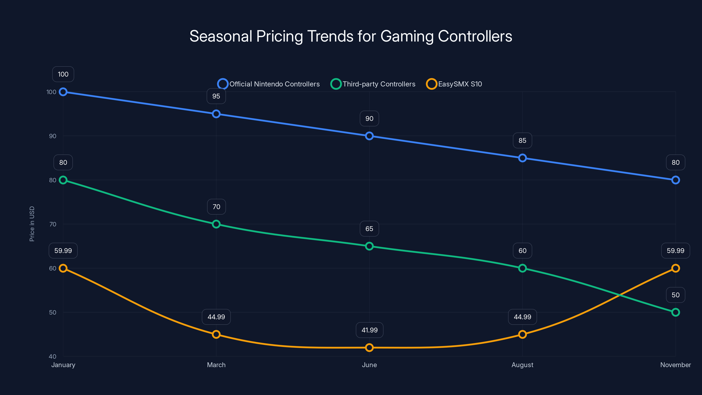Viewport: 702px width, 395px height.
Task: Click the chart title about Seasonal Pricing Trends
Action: (x=351, y=36)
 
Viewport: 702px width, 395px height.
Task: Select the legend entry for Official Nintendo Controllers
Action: (x=269, y=84)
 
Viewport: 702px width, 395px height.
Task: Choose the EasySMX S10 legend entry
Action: (x=454, y=84)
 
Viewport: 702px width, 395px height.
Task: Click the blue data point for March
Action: (x=216, y=114)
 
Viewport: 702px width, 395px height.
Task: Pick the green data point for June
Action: (x=369, y=246)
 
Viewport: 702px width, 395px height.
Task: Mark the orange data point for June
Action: (x=369, y=348)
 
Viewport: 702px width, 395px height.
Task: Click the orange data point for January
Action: (x=63, y=268)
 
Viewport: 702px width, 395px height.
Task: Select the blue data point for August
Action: (x=522, y=158)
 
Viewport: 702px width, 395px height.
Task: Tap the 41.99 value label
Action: (x=369, y=330)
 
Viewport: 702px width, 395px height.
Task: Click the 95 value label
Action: (x=216, y=96)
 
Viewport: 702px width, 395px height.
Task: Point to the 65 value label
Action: (x=369, y=229)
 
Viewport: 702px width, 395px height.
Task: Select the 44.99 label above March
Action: (x=216, y=317)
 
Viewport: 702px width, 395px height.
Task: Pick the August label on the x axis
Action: (x=522, y=365)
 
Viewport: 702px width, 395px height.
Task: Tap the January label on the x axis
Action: (x=63, y=365)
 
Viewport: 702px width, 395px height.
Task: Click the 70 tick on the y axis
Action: (x=53, y=224)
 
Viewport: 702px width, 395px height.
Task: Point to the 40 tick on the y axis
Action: (x=53, y=356)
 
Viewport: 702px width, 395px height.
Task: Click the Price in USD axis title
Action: (x=32, y=224)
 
